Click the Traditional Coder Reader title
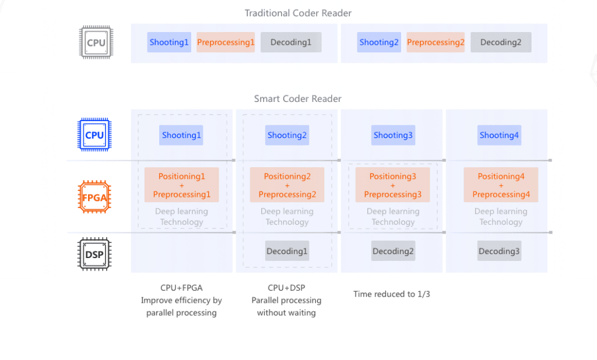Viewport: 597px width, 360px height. coord(298,13)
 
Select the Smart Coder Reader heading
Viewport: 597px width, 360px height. coord(298,99)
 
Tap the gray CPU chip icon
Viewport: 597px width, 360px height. coord(96,43)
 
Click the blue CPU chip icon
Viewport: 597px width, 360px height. coord(94,135)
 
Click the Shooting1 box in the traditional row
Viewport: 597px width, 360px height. coord(169,43)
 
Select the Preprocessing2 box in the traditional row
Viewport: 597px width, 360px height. coord(436,43)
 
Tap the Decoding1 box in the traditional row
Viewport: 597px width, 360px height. coord(291,43)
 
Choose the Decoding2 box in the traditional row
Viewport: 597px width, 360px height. coord(501,43)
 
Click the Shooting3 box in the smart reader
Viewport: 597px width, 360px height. coord(393,135)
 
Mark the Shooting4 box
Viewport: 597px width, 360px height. coord(499,135)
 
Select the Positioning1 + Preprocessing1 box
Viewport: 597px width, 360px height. coord(181,185)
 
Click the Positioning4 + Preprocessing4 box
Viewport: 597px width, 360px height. coord(501,185)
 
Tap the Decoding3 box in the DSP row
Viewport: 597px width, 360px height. coord(499,252)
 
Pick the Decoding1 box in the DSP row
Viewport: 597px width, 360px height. coord(287,252)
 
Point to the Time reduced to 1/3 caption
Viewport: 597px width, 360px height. coord(391,294)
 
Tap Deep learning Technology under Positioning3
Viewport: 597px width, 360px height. coord(393,217)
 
